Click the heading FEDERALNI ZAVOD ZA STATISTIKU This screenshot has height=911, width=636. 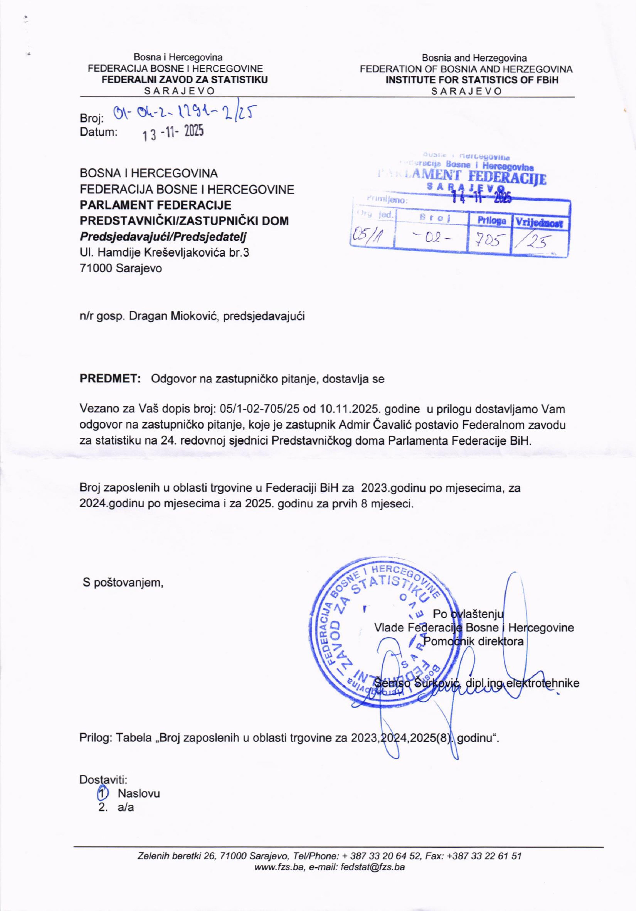tap(185, 79)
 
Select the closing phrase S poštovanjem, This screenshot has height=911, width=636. tap(123, 582)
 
